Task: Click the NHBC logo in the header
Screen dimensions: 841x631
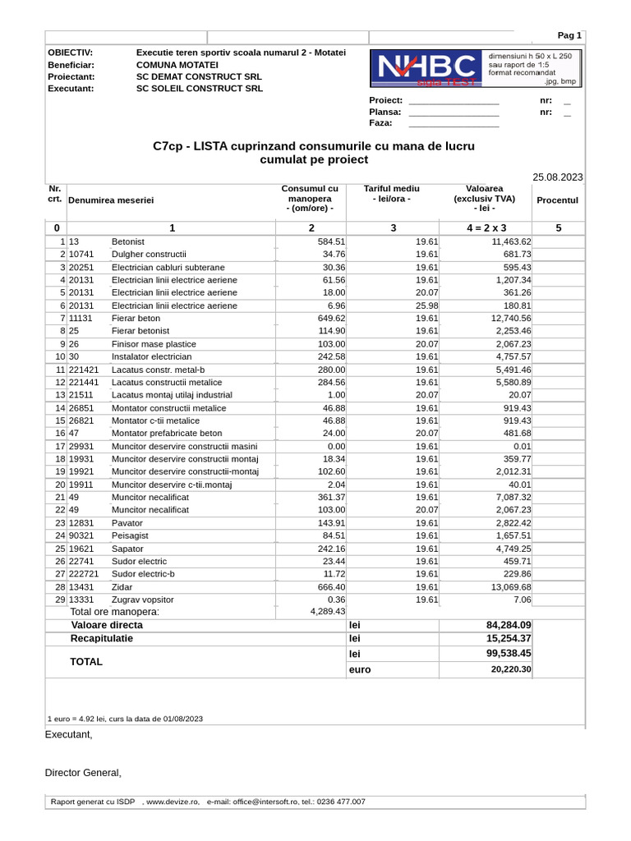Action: (x=424, y=68)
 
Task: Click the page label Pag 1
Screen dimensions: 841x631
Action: (x=569, y=35)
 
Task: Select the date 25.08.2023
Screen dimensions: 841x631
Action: (x=557, y=177)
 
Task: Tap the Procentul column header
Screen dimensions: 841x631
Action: (x=557, y=200)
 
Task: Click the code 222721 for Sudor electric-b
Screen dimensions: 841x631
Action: (x=85, y=574)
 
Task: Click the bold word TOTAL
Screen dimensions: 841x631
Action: (x=86, y=661)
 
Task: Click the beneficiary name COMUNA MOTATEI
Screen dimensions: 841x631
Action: (x=177, y=64)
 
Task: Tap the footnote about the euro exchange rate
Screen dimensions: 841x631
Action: (x=125, y=719)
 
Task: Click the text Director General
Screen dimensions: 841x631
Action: (x=83, y=773)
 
